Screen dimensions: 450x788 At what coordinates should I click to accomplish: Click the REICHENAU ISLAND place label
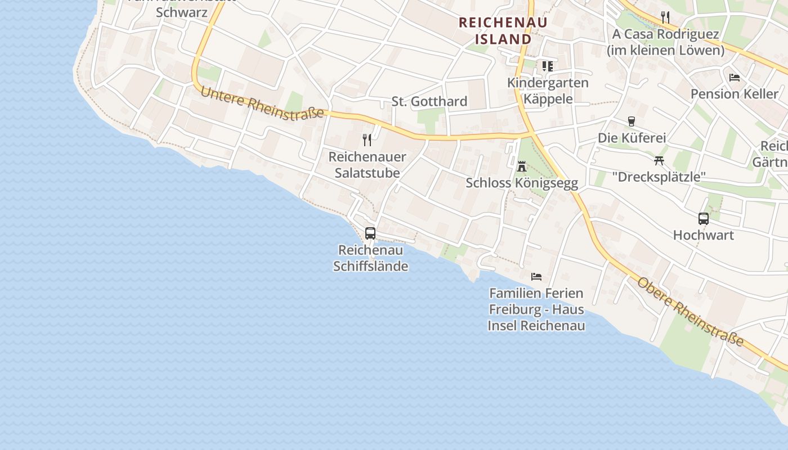(x=495, y=31)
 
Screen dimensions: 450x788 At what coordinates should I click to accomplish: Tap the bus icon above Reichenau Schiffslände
(x=370, y=233)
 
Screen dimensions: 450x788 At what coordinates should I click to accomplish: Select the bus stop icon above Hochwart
(x=704, y=219)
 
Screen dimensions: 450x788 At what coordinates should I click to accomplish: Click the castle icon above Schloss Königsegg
(x=522, y=166)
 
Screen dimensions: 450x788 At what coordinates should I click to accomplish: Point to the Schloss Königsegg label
(x=522, y=183)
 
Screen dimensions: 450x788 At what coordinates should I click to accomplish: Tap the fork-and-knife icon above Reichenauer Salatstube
(x=367, y=139)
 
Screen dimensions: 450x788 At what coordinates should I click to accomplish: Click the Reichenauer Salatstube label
(x=368, y=165)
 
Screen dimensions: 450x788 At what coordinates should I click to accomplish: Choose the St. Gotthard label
(x=429, y=101)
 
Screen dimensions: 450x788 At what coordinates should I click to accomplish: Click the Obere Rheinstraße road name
(x=690, y=312)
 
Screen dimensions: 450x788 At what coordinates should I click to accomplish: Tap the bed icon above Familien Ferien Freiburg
(x=536, y=276)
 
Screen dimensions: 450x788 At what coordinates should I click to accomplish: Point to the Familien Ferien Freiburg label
(x=536, y=309)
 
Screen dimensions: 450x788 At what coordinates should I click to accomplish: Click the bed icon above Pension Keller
(x=734, y=77)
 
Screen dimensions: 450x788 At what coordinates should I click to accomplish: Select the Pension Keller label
(x=734, y=93)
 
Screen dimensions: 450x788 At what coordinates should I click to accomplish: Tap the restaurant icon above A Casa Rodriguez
(x=665, y=17)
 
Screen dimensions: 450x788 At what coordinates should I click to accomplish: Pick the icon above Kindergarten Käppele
(x=548, y=66)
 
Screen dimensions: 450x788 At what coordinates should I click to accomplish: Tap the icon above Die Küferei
(x=631, y=121)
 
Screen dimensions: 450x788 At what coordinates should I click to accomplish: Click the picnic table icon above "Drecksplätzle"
(x=659, y=160)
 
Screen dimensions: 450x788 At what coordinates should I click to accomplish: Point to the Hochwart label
(x=704, y=235)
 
